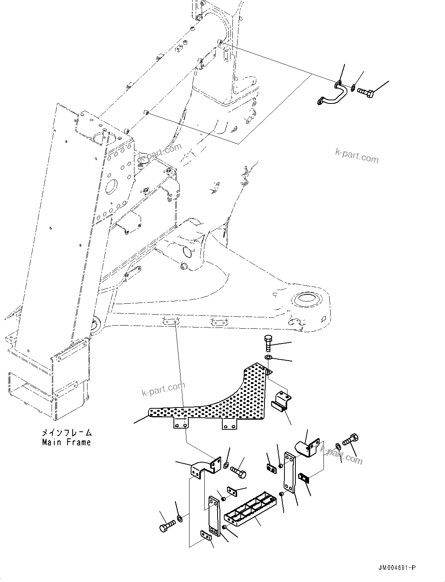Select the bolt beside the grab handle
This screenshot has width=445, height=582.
point(366,93)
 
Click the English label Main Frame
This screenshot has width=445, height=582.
point(66,442)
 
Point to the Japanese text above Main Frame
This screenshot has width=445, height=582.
point(67,433)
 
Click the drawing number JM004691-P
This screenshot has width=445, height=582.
point(396,567)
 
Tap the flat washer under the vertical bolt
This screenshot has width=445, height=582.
point(268,357)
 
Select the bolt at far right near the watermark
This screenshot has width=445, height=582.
point(351,440)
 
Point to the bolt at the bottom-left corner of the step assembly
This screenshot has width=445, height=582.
point(166,525)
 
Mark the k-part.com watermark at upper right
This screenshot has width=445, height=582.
point(357,155)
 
